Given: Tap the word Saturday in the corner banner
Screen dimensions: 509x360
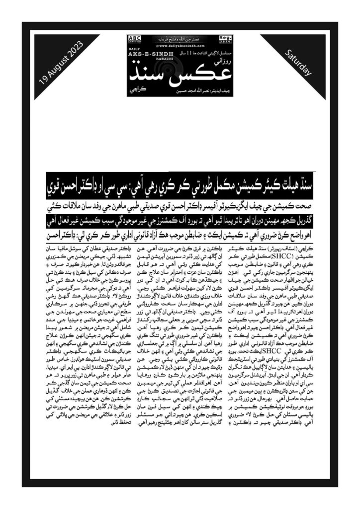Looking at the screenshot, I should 299,63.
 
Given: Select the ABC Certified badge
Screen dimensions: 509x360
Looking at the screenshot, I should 135,39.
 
